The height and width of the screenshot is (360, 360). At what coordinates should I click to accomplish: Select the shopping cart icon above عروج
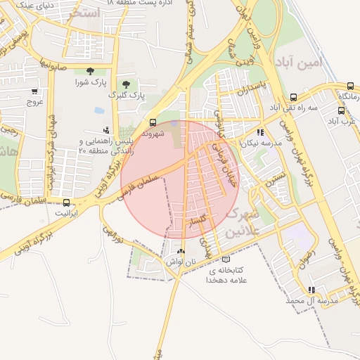[34, 91]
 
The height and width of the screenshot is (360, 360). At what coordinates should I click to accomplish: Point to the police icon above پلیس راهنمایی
[106, 129]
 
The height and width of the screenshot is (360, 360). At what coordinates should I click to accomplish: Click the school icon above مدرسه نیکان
[259, 131]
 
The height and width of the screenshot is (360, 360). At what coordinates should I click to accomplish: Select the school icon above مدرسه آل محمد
[311, 290]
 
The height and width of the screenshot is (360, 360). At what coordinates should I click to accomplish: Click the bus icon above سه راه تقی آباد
[293, 97]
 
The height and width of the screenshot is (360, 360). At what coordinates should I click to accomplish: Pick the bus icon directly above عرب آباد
[341, 110]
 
